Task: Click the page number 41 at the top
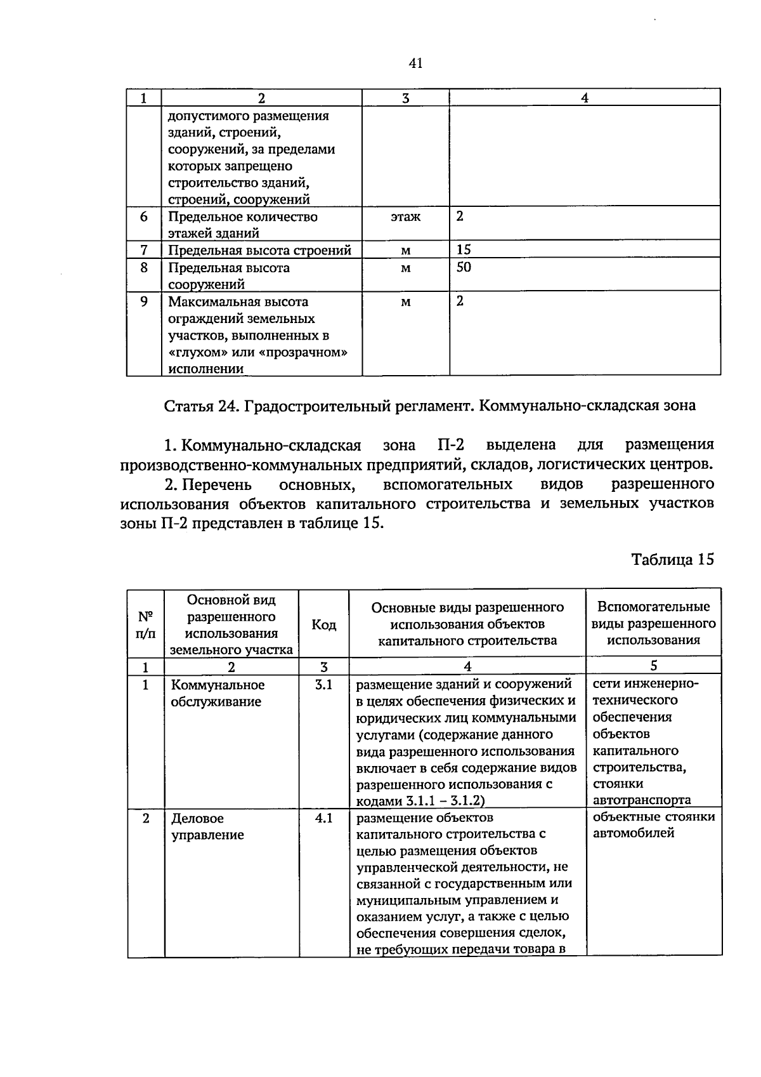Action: tap(416, 63)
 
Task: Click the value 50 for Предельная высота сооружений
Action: tap(464, 267)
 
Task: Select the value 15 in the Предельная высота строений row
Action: tap(464, 249)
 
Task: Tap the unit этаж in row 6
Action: tap(405, 217)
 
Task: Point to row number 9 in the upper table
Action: tap(144, 301)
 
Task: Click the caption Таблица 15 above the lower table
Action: tap(672, 559)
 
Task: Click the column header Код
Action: tap(323, 625)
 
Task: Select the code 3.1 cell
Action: tap(323, 685)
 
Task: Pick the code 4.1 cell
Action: tap(323, 818)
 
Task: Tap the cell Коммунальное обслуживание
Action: tap(218, 693)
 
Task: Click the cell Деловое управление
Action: tap(207, 826)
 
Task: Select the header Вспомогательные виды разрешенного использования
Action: tap(653, 623)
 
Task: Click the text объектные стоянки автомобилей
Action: tap(653, 824)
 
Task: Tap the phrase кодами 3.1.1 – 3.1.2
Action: tap(420, 800)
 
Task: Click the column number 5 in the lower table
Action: tap(653, 665)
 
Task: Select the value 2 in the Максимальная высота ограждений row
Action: tap(460, 301)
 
